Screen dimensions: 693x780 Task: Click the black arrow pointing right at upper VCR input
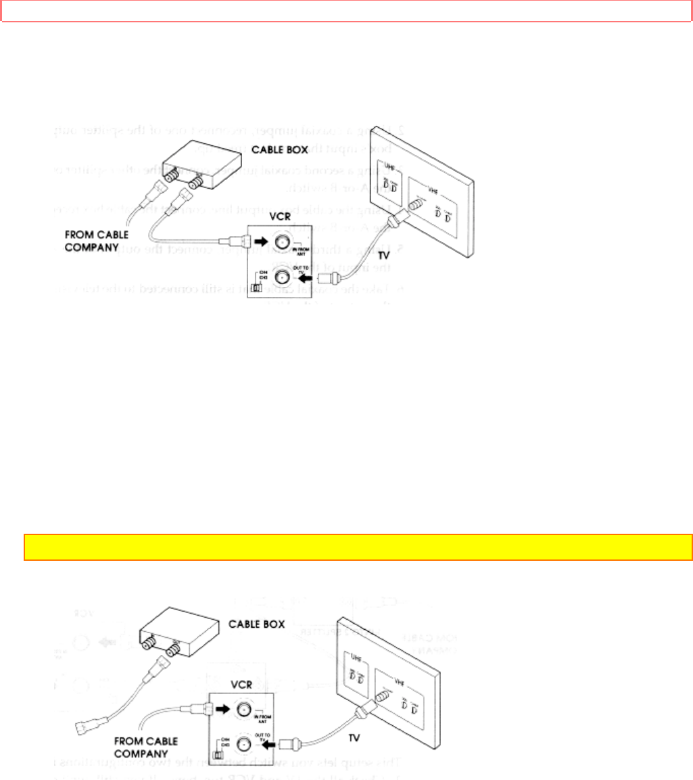(260, 239)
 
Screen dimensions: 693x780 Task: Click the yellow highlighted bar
(358, 547)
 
